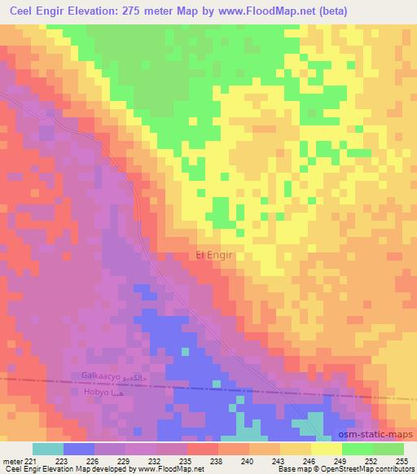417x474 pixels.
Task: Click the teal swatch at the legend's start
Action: click(x=47, y=449)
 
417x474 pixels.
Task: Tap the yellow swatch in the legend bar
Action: click(x=326, y=449)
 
